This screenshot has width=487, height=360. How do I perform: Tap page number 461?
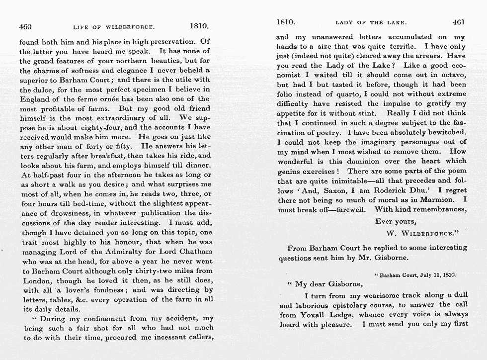point(459,22)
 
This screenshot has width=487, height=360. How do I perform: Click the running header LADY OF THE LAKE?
point(371,22)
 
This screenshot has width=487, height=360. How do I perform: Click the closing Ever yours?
point(396,221)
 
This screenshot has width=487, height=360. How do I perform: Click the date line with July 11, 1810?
point(415,274)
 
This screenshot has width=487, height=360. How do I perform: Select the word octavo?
point(453,75)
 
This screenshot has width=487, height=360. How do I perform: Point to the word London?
point(36,280)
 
